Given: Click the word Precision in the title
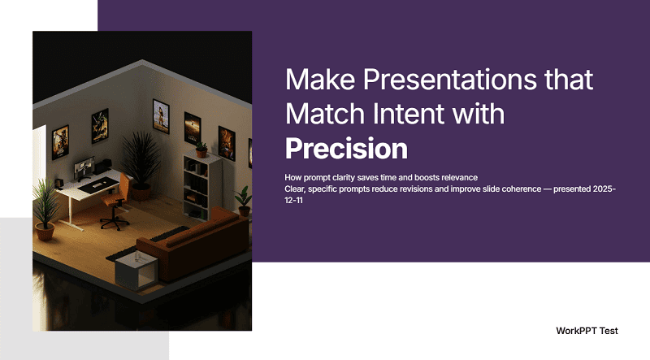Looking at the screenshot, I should tap(346, 149).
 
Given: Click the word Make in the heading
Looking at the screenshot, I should tap(319, 80).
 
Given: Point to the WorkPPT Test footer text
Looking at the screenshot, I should tap(587, 331).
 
